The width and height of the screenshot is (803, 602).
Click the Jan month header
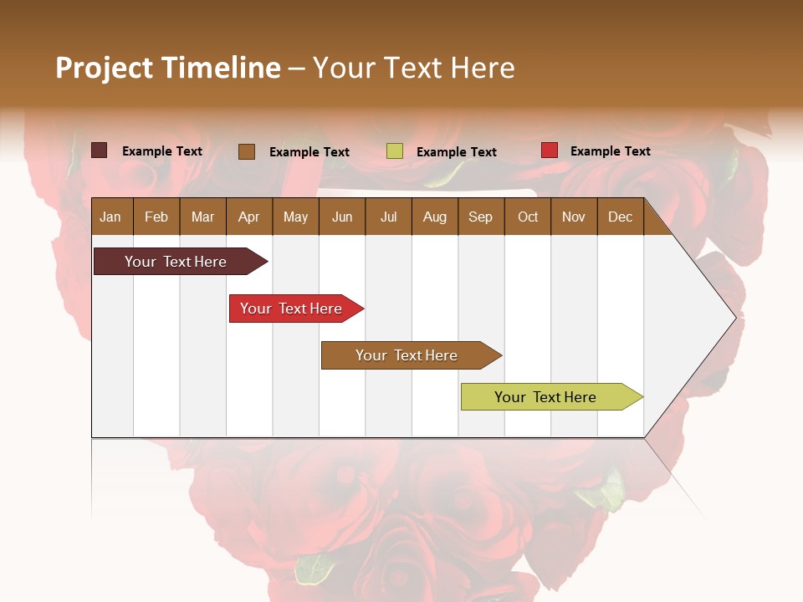pyautogui.click(x=111, y=217)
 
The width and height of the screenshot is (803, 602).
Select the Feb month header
pyautogui.click(x=156, y=217)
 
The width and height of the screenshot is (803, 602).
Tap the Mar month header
pyautogui.click(x=202, y=217)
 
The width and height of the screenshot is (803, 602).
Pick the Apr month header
pyautogui.click(x=248, y=217)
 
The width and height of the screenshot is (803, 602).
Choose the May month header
pyautogui.click(x=295, y=217)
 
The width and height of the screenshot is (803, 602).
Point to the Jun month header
pyautogui.click(x=342, y=217)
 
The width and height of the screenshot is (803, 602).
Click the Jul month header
pyautogui.click(x=388, y=217)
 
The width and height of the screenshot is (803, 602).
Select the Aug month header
pyautogui.click(x=434, y=217)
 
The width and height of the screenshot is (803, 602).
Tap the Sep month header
pyautogui.click(x=480, y=217)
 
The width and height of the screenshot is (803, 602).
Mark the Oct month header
pyautogui.click(x=528, y=217)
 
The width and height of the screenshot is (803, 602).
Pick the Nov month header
pyautogui.click(x=574, y=217)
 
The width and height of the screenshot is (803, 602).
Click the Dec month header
pyautogui.click(x=620, y=217)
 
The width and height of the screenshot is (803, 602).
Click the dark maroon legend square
pyautogui.click(x=100, y=150)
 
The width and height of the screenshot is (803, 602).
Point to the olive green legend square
pyautogui.click(x=395, y=151)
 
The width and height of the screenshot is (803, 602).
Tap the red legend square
pyautogui.click(x=550, y=150)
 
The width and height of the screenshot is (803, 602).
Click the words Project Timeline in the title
pyautogui.click(x=168, y=68)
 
